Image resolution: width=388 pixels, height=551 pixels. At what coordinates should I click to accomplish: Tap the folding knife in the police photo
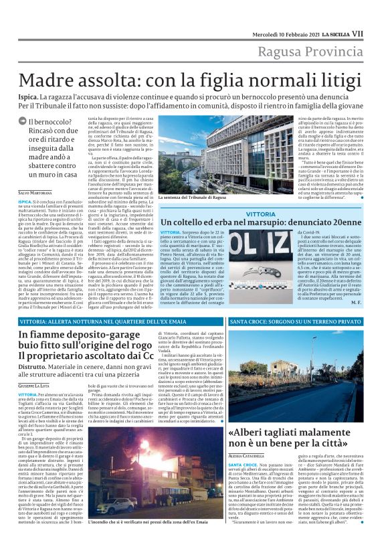pyautogui.click(x=201, y=250)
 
